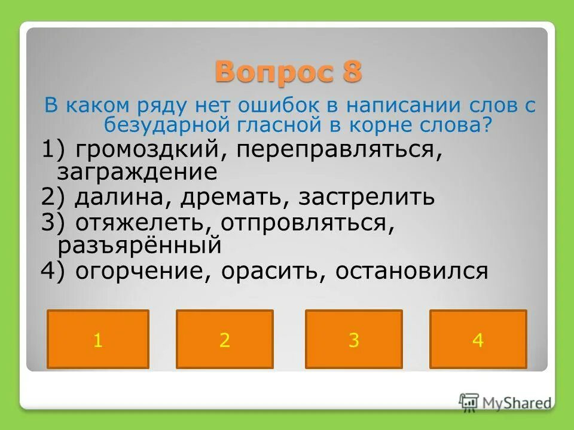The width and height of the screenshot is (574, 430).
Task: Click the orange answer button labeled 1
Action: (98, 339)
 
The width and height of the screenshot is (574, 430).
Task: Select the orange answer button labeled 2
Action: (225, 339)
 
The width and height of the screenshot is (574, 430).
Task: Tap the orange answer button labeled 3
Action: (354, 339)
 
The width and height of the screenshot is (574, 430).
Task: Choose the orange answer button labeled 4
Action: (478, 339)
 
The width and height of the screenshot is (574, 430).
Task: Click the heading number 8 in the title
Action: (352, 72)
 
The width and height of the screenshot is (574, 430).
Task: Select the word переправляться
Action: (340, 150)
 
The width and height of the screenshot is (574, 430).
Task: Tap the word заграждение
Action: (137, 172)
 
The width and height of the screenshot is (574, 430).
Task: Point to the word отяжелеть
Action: (141, 223)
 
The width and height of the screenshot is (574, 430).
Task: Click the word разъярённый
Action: (139, 244)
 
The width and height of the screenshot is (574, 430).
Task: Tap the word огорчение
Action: (141, 271)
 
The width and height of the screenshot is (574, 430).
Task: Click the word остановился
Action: (412, 271)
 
